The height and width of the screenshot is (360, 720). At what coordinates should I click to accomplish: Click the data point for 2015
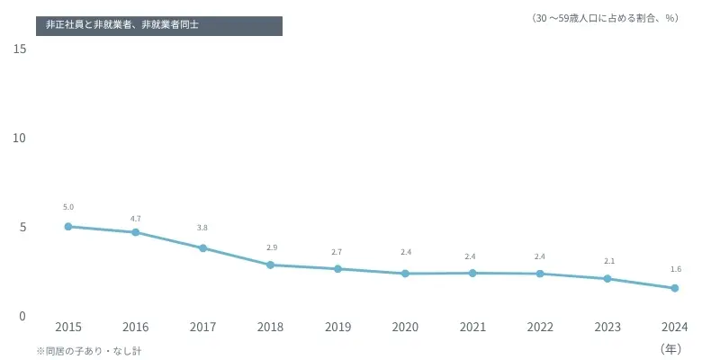pos(68,227)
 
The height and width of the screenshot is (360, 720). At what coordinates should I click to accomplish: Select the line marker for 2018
pos(271,265)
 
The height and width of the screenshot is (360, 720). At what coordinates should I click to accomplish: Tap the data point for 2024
pos(675,288)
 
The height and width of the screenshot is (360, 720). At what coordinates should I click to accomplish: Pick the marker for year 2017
pos(203,248)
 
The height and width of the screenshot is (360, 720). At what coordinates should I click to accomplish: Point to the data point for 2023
pos(607,279)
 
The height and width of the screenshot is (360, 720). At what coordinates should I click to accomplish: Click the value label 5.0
pos(68,208)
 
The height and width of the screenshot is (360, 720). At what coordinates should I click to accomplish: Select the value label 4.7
pos(136,219)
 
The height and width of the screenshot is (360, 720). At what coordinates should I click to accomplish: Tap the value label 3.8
pos(202,228)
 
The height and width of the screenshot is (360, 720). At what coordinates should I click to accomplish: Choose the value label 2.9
pos(271,247)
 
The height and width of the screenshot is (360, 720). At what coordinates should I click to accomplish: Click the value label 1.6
pos(675,269)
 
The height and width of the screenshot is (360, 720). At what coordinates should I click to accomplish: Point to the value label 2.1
pos(608,261)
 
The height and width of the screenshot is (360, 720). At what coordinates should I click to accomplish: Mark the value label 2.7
pos(337,252)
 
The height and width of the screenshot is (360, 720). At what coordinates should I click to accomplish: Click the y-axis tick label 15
pos(20,49)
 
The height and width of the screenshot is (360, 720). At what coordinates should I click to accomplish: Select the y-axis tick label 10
pos(20,138)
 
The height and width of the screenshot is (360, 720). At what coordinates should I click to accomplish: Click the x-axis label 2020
pos(405,327)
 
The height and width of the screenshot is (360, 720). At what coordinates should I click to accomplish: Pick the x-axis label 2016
pos(136,327)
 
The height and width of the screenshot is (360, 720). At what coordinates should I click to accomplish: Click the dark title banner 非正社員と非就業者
pos(159,25)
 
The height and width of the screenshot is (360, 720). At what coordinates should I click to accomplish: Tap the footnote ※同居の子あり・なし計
pos(89,350)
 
